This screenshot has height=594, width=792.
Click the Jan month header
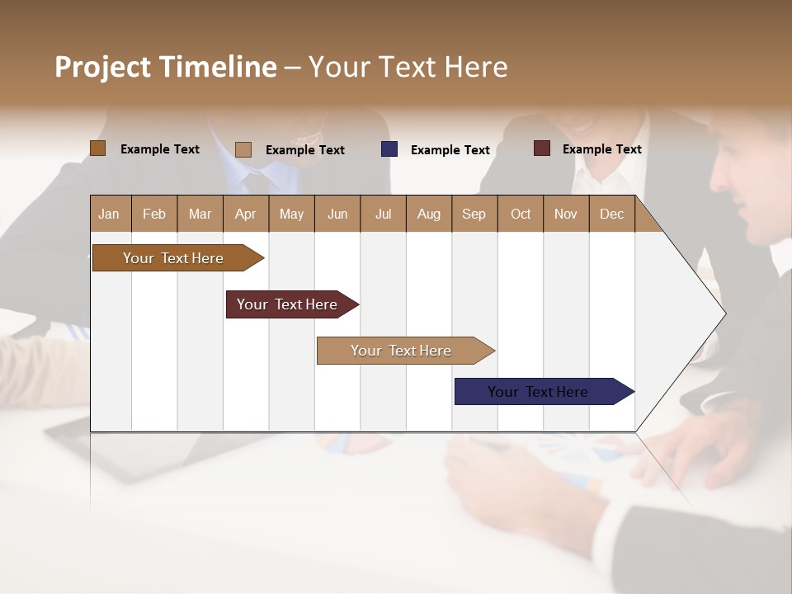[110, 214]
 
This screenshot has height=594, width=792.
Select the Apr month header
[246, 214]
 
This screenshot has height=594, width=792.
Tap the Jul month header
[383, 214]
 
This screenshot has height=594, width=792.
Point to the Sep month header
[474, 214]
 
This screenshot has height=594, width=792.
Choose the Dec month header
[611, 214]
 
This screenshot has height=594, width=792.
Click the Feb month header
[154, 214]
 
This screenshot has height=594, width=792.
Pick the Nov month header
[566, 214]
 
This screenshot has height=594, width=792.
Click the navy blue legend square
[389, 149]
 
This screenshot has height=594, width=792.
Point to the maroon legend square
[541, 148]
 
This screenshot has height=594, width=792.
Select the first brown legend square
[98, 148]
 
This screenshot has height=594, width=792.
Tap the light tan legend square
[243, 149]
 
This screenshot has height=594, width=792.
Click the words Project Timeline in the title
[166, 67]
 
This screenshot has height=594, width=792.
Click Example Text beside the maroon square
[601, 149]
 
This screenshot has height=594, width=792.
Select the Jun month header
[337, 214]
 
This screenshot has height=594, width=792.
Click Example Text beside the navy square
[450, 150]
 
